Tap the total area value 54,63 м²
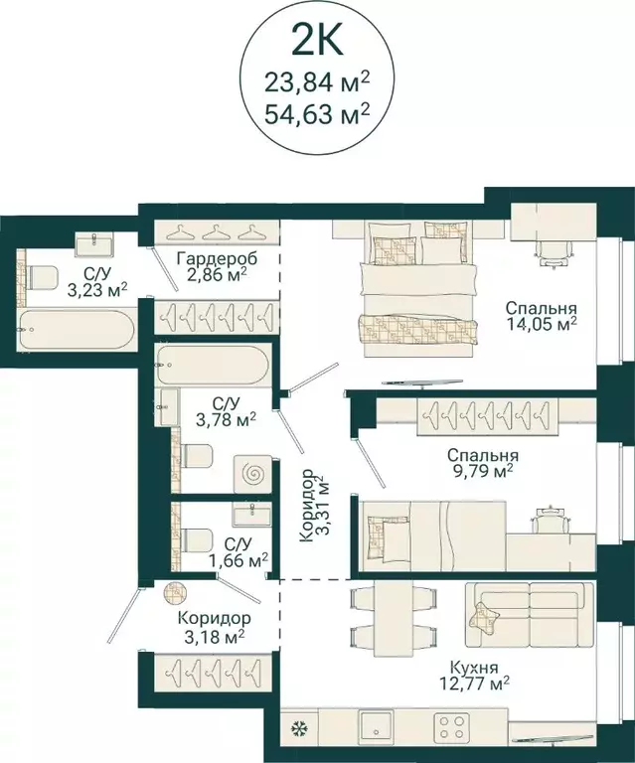(317, 114)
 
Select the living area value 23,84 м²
(317, 81)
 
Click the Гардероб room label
(217, 258)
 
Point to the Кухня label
(474, 667)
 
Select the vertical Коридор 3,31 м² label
(315, 506)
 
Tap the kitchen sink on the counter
(376, 725)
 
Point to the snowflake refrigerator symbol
(297, 728)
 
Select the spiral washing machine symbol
(253, 474)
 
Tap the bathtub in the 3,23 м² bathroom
(77, 330)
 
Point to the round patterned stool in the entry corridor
(175, 592)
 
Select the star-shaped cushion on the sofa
(484, 617)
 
